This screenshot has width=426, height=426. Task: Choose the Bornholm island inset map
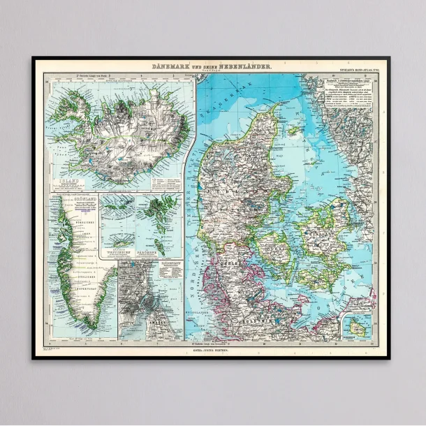click(x=358, y=325)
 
